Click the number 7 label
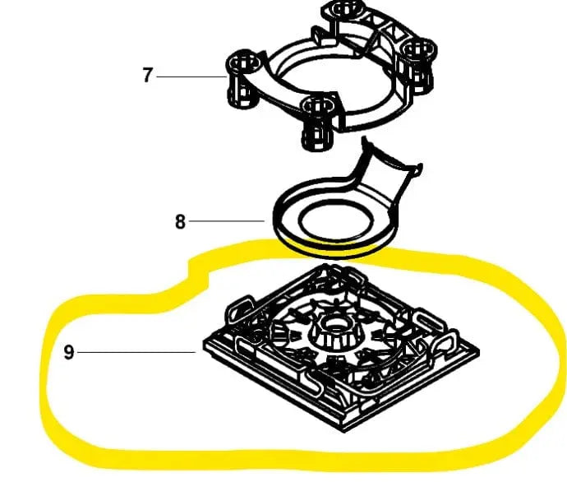pos(147,76)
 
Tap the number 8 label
pos(180,221)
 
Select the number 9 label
pos(69,352)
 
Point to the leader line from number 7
pos(191,76)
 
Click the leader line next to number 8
pos(226,220)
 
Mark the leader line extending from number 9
pos(136,352)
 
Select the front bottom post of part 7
pos(317,123)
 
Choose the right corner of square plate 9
pos(478,352)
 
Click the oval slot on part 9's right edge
pos(428,322)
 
